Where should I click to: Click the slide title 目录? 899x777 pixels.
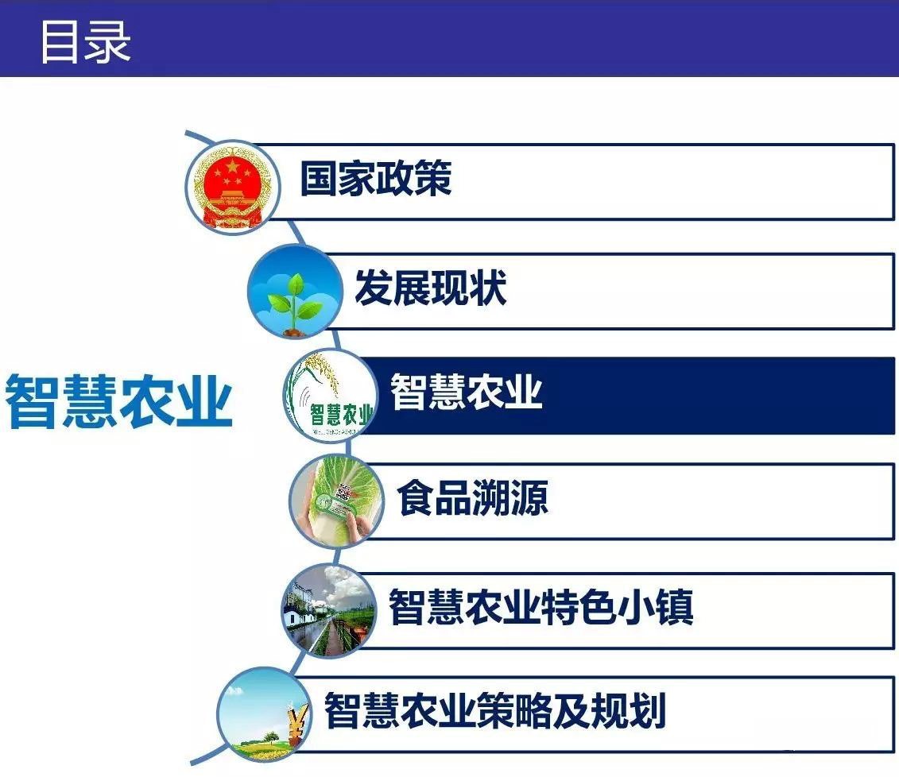point(85,42)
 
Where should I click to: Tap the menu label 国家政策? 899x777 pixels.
point(376,178)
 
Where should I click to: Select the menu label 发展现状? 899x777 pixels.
point(431,288)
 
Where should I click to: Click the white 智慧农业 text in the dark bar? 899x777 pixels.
point(466,392)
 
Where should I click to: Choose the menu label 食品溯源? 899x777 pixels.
point(473,497)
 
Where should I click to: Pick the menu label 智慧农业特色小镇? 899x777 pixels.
point(541,606)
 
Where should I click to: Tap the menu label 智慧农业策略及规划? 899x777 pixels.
point(495,710)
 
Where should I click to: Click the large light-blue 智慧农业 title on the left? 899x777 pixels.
point(118,402)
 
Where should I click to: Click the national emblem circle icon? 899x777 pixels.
point(232,187)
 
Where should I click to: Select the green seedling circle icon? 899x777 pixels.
point(295,291)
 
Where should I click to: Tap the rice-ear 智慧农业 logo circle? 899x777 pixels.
point(331,396)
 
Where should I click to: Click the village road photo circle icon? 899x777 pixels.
point(328,611)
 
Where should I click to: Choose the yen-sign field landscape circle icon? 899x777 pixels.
point(264,715)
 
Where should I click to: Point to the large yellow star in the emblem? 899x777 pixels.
point(231,167)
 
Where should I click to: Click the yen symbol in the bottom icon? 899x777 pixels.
point(296,725)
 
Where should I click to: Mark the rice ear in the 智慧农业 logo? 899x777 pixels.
point(323,373)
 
